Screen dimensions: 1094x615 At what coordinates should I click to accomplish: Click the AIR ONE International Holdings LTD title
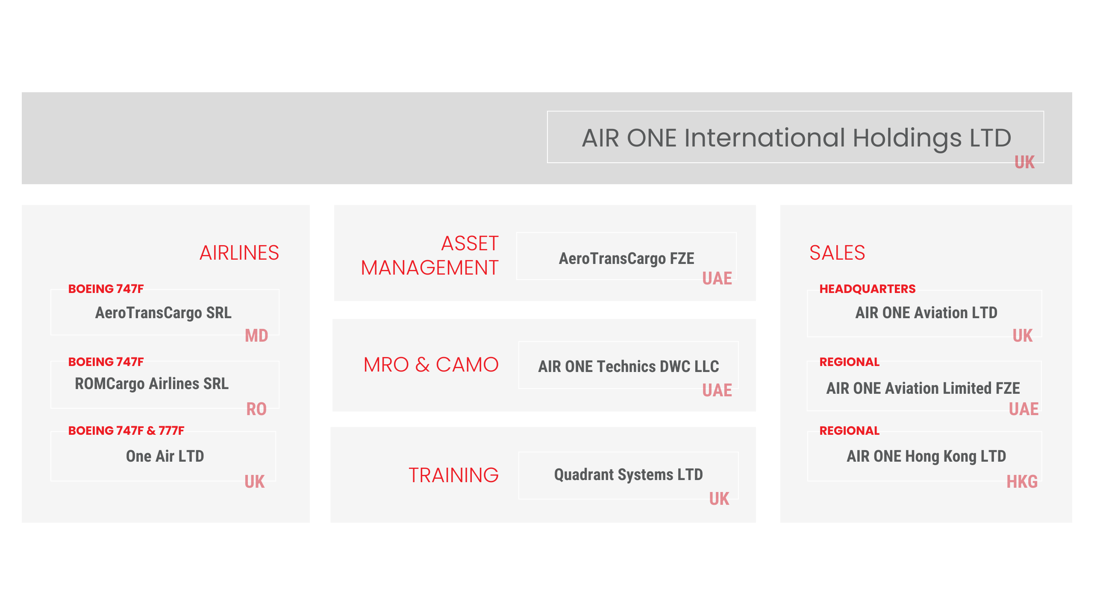click(x=797, y=138)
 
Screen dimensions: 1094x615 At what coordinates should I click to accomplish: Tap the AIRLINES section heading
click(x=239, y=253)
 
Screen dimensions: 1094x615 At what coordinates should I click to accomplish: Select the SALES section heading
click(x=837, y=253)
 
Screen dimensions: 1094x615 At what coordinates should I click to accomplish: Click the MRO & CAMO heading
click(x=431, y=365)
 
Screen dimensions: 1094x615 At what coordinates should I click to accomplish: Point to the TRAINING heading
click(x=453, y=475)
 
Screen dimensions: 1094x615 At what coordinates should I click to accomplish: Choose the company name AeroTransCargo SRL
click(x=163, y=313)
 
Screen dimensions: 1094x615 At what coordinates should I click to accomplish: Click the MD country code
click(x=256, y=336)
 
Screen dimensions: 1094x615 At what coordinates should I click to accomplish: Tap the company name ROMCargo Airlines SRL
click(x=152, y=384)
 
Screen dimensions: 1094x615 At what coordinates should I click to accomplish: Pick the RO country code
click(x=256, y=409)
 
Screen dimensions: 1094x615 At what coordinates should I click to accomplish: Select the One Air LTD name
click(x=165, y=456)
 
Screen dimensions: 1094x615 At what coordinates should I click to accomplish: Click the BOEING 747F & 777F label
click(x=126, y=430)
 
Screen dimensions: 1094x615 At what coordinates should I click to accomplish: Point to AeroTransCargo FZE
click(x=626, y=259)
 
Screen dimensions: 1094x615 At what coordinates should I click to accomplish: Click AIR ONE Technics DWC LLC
click(x=628, y=366)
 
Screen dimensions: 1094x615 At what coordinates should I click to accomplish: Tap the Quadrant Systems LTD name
click(x=628, y=475)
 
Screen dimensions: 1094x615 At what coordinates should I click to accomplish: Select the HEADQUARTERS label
click(x=868, y=289)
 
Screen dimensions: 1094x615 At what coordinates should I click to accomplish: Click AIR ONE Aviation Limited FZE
click(x=923, y=388)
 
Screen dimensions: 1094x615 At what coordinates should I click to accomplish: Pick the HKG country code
click(x=1022, y=482)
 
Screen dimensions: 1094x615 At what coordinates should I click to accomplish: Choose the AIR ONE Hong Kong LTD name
click(x=926, y=457)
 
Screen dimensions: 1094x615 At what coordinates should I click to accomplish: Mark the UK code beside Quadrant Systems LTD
click(x=719, y=499)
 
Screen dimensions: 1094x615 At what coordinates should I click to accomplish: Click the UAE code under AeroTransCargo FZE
click(x=717, y=278)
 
